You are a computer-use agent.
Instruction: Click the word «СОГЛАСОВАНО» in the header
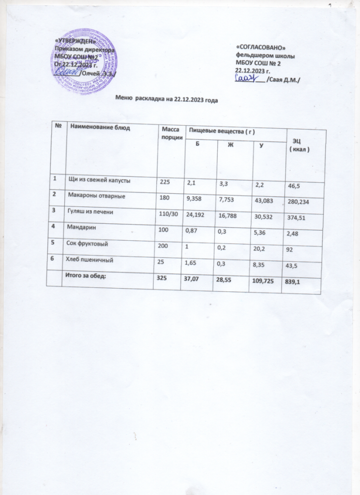click(x=260, y=48)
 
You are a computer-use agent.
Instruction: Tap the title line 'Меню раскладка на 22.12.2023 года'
click(x=168, y=100)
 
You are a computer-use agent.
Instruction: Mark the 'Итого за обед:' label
click(x=86, y=276)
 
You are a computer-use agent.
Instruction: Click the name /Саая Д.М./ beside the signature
click(x=283, y=80)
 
